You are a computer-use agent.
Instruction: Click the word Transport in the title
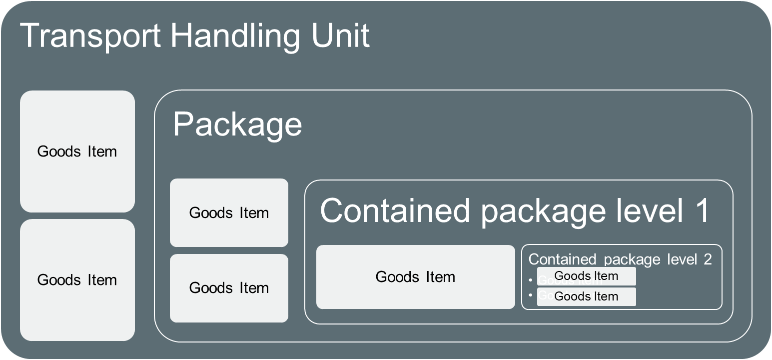(x=90, y=36)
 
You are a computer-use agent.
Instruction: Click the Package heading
(x=237, y=124)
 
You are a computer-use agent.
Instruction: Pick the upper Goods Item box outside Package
(x=77, y=151)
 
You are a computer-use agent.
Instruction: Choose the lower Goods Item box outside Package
(x=77, y=280)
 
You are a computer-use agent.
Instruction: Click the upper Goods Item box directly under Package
(x=229, y=213)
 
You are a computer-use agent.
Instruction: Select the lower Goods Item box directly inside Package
(x=229, y=288)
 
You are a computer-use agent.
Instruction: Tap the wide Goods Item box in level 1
(x=415, y=277)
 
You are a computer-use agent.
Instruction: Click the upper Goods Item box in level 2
(x=586, y=276)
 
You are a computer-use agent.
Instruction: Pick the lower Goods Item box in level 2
(x=586, y=296)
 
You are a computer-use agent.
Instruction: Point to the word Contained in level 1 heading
(x=395, y=211)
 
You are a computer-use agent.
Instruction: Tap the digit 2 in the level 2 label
(x=708, y=259)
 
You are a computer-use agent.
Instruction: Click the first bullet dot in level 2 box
(x=530, y=280)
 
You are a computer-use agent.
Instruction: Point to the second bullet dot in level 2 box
(x=530, y=295)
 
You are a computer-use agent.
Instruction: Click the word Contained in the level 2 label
(x=562, y=259)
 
